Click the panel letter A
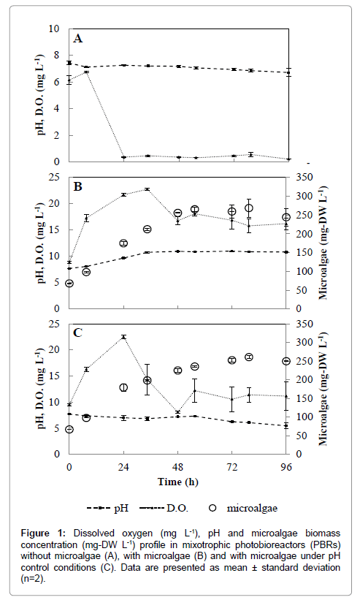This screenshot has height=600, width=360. click(78, 39)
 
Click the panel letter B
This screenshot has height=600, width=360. click(78, 186)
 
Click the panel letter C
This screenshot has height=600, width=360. click(77, 333)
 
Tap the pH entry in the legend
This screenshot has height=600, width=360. click(108, 508)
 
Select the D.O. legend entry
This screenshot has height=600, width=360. click(164, 508)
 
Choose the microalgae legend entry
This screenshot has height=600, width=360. click(243, 508)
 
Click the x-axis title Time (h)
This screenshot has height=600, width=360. click(178, 482)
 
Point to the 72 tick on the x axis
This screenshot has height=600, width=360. click(232, 467)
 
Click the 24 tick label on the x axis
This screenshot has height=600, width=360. click(123, 467)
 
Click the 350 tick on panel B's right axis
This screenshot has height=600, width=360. click(305, 177)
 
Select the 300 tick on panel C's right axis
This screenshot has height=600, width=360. click(305, 343)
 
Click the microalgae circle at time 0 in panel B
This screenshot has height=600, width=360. click(69, 284)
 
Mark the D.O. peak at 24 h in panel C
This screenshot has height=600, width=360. click(123, 337)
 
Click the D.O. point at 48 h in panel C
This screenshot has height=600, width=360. click(177, 412)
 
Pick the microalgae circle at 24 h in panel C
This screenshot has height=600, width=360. click(123, 387)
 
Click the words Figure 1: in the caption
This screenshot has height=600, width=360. click(44, 533)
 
